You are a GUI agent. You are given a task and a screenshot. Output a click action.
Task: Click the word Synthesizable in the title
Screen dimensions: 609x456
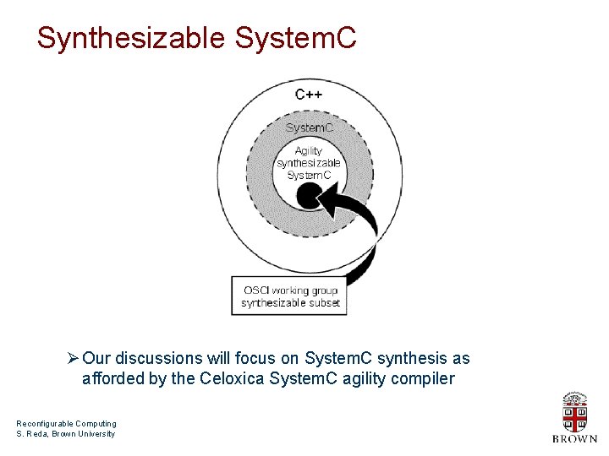pos(131,38)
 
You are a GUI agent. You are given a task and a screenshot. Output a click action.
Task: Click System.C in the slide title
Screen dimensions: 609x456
pos(296,38)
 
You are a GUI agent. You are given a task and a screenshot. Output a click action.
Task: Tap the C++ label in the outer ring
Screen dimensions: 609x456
pos(308,95)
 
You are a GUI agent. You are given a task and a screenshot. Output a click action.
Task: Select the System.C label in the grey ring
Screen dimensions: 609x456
pos(309,128)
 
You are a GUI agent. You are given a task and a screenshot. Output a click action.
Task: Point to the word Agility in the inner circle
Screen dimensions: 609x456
pos(309,151)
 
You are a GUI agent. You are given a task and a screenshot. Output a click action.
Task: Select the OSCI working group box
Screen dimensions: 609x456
pos(290,296)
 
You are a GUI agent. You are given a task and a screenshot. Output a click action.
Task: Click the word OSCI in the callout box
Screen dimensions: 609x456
pos(258,290)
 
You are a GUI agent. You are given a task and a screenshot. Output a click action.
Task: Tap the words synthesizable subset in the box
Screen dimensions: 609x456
pos(290,302)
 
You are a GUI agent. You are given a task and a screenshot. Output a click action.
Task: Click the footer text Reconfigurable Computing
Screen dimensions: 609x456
pos(66,424)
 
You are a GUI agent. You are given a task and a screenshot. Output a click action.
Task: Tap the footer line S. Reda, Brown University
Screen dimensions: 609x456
pos(65,434)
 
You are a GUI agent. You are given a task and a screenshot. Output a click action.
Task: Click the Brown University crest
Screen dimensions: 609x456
pos(574,412)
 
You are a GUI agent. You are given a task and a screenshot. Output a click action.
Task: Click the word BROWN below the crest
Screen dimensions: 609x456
pos(574,439)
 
